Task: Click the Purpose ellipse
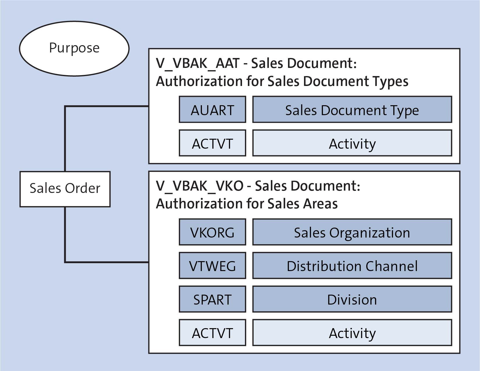(74, 48)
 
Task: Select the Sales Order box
(65, 189)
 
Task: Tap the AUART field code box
(212, 110)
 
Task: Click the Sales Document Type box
(352, 110)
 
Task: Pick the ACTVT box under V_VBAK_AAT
(212, 143)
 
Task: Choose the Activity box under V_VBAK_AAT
(352, 143)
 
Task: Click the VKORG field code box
(212, 232)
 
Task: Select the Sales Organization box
(352, 232)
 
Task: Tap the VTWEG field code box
(212, 265)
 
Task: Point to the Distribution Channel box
(352, 265)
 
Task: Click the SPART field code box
(212, 299)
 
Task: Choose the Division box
(352, 299)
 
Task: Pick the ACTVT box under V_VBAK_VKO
(212, 333)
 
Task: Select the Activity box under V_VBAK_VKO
(352, 333)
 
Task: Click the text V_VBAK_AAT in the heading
(198, 64)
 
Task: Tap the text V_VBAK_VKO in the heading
(200, 186)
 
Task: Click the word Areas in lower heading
(320, 204)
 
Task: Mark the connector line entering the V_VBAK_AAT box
(116, 106)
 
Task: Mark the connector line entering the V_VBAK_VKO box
(116, 262)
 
